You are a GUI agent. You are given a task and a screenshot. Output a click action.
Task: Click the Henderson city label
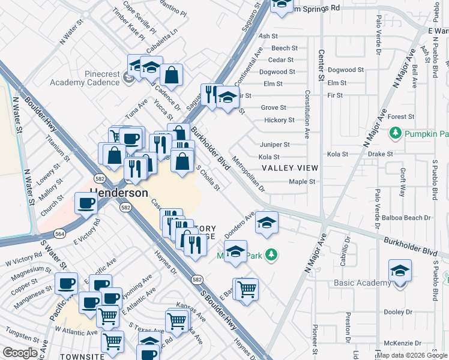pos(119,193)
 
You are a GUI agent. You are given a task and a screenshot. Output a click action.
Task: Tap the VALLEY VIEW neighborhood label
pos(289,168)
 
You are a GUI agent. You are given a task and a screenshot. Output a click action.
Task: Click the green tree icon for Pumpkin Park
pos(395,133)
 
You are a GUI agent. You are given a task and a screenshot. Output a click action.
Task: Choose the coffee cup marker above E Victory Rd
pos(86,203)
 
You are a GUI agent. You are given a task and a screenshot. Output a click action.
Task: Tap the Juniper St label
pos(275,145)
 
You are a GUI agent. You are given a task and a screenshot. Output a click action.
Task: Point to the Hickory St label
pos(279,120)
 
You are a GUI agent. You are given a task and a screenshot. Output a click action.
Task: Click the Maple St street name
pos(303,182)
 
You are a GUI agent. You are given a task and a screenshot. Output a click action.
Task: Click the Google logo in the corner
pos(20,352)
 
